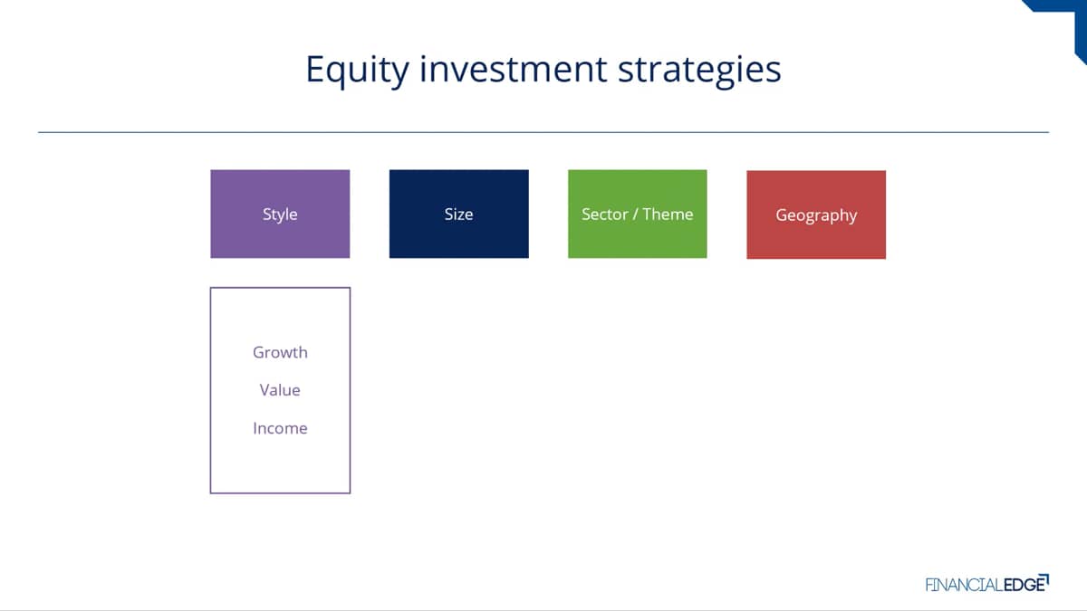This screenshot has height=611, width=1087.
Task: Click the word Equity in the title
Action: click(x=357, y=71)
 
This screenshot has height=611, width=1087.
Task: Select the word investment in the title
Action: click(x=513, y=69)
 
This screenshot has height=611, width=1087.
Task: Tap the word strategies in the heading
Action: click(x=699, y=71)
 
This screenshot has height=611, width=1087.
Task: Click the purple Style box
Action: click(x=280, y=214)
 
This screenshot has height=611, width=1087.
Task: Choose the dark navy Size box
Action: click(x=458, y=214)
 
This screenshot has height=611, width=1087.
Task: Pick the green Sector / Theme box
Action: click(x=637, y=214)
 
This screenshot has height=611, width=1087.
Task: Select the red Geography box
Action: click(x=816, y=215)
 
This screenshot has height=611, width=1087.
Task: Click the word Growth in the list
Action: click(x=280, y=352)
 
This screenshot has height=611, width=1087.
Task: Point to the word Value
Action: click(x=280, y=390)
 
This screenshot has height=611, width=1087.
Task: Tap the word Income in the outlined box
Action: click(x=280, y=428)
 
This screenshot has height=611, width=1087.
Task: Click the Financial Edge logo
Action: click(x=987, y=583)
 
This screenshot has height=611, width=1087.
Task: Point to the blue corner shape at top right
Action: click(x=1068, y=19)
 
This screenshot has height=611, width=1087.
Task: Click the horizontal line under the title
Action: click(x=543, y=132)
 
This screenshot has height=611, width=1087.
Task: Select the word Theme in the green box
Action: click(x=668, y=214)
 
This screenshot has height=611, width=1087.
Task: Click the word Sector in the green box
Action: click(x=605, y=214)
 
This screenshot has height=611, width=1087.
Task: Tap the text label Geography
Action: click(x=816, y=215)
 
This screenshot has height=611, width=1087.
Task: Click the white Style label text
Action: click(x=280, y=215)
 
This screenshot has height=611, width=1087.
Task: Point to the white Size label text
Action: click(x=458, y=214)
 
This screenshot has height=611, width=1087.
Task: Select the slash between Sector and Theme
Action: click(x=635, y=215)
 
